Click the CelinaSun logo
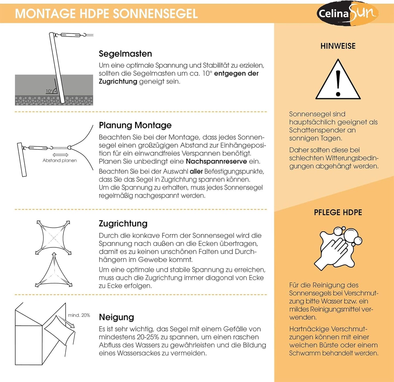(x=347, y=13)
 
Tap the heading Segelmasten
(x=125, y=54)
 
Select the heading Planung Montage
(x=135, y=125)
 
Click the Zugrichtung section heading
(x=123, y=224)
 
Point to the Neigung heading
(x=116, y=317)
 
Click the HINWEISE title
(x=338, y=46)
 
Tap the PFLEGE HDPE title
(x=338, y=212)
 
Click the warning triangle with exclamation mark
(x=338, y=79)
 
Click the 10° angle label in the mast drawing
(x=49, y=91)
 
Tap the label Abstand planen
(x=60, y=161)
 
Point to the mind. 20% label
(x=79, y=315)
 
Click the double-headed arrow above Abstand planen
(x=60, y=155)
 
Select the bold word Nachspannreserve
(x=216, y=161)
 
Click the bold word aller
(x=196, y=172)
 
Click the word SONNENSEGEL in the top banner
(x=155, y=14)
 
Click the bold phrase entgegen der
(x=236, y=73)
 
